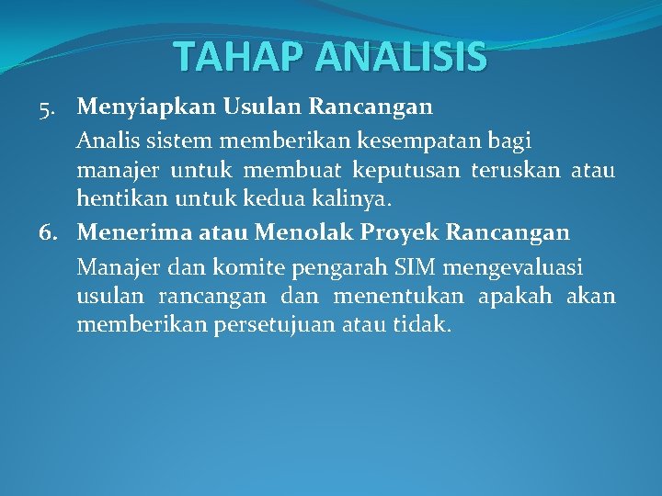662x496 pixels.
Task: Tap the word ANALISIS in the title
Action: click(x=400, y=57)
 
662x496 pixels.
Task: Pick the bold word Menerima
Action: click(x=131, y=232)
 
